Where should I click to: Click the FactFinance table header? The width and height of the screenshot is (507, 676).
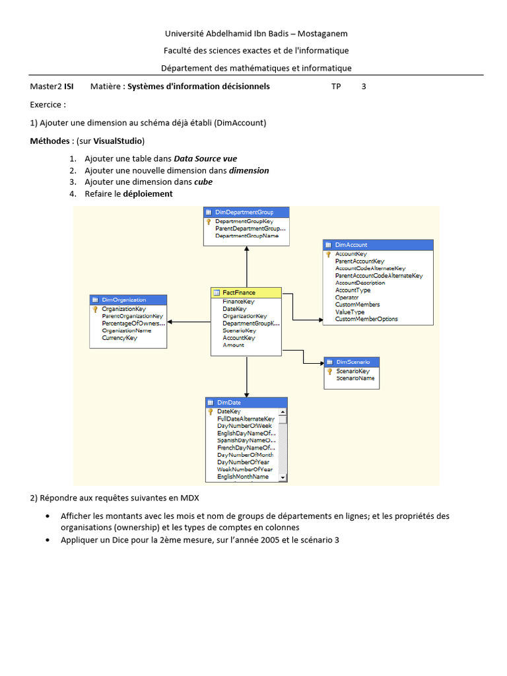click(246, 292)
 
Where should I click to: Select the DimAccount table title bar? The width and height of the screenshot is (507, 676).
click(378, 245)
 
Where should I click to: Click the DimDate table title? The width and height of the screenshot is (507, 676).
click(246, 402)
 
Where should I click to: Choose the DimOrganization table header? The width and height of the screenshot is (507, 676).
click(128, 300)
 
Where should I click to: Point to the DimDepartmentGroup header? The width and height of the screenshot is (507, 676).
click(246, 212)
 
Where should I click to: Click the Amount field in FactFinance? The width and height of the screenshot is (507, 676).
click(233, 345)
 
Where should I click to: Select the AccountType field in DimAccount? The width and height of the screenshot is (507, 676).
click(353, 290)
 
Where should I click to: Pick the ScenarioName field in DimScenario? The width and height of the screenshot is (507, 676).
click(355, 378)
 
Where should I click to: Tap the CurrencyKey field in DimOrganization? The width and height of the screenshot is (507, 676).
click(119, 338)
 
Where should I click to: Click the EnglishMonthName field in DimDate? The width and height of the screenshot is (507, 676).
click(243, 477)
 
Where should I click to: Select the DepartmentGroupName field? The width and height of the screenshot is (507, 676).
click(247, 236)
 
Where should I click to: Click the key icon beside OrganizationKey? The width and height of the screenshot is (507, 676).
click(95, 309)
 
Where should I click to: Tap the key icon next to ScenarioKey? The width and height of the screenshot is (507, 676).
click(329, 371)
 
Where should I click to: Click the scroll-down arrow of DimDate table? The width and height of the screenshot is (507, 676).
click(283, 477)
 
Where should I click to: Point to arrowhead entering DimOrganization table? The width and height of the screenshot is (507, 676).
click(170, 322)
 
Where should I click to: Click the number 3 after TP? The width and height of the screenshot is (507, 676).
click(364, 86)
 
